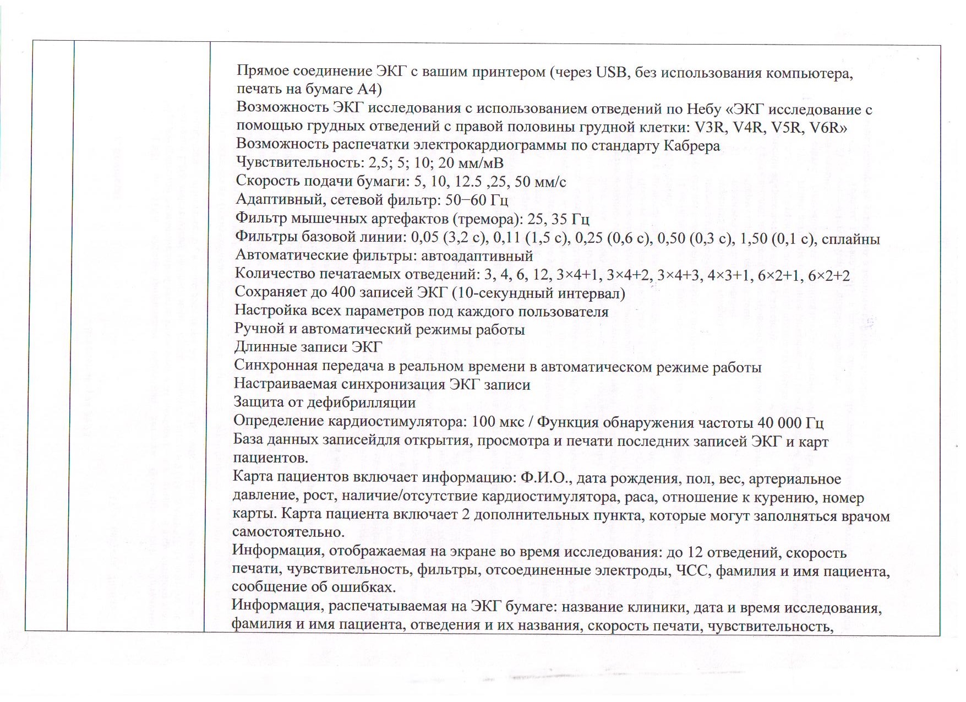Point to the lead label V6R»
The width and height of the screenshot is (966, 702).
click(829, 128)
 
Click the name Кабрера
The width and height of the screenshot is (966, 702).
click(692, 146)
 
